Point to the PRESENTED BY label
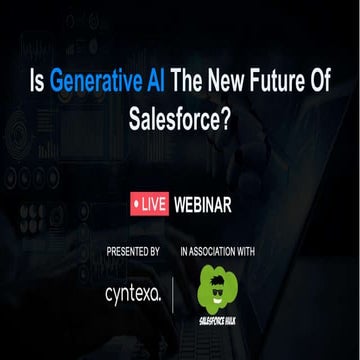[134, 250]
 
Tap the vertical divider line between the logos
[176, 294]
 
